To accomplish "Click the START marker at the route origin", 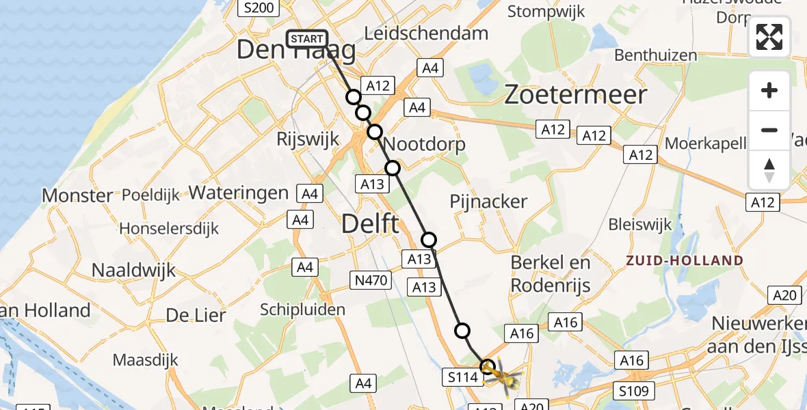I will [307, 39].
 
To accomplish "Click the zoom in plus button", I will [769, 90].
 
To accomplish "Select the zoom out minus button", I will [769, 130].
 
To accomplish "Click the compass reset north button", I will [769, 169].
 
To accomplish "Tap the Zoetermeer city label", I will [575, 95].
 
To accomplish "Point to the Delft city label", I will [370, 223].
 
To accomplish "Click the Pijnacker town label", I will [489, 202].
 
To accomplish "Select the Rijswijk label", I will [308, 139].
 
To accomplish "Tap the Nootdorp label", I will [425, 144].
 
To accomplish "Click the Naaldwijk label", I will [133, 270].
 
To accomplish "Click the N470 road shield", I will [371, 279].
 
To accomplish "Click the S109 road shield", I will [634, 391].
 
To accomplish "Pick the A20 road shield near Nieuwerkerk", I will [784, 295].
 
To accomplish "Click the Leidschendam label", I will [427, 33].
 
